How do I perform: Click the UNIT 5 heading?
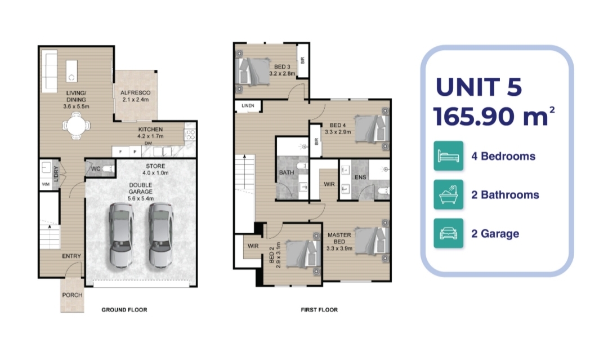pos(479,87)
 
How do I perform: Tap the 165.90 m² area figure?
pos(494,116)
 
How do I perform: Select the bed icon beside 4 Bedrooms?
pos(448,156)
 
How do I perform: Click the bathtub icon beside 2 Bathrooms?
pos(448,194)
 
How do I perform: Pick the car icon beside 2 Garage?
pos(448,233)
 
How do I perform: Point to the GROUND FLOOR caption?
pos(124,309)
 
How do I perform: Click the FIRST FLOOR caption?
pos(319,309)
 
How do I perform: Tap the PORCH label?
pos(72,295)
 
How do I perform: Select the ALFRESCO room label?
pos(135,93)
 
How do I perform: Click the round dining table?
pos(77,125)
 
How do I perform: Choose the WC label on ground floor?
pos(95,169)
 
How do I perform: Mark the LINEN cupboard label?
pos(248,105)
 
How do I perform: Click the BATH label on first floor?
pos(287,172)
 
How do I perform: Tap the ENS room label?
pos(360,177)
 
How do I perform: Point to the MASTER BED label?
pos(339,238)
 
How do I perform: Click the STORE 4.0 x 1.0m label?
pos(155,169)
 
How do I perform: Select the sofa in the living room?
pos(50,70)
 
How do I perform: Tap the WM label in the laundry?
pos(46,184)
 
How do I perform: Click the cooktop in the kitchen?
pos(190,135)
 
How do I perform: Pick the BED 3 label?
pos(282,66)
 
